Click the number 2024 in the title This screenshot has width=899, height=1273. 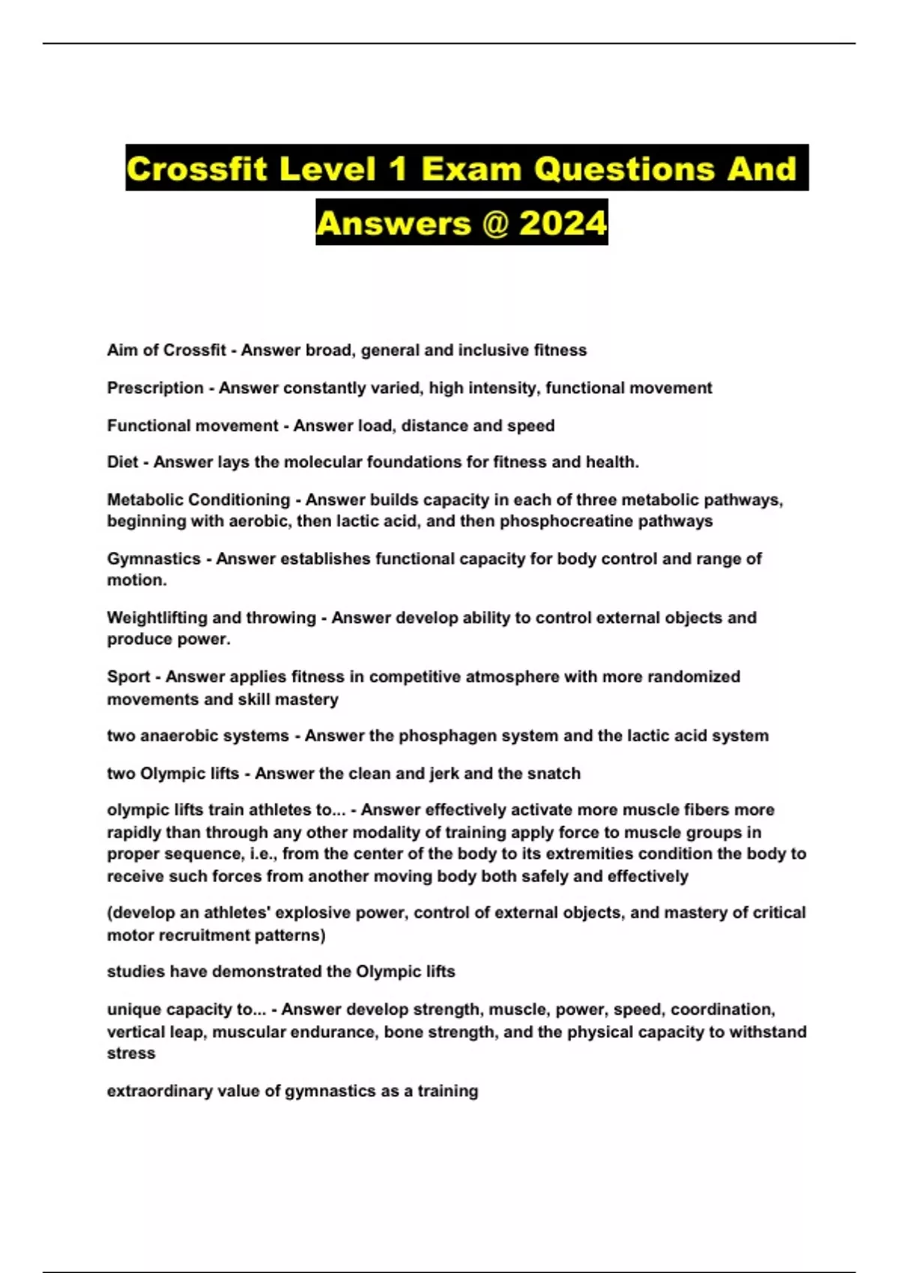click(563, 222)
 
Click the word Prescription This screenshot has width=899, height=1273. click(155, 388)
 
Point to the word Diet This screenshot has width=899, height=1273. click(122, 462)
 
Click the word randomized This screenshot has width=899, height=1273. click(693, 677)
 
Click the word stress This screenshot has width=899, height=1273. click(131, 1054)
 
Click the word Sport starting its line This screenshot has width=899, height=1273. click(128, 677)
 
